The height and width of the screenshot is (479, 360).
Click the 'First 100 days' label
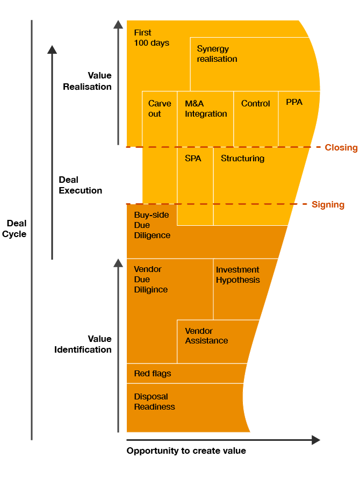(x=152, y=38)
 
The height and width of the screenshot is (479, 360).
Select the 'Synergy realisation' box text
(x=217, y=54)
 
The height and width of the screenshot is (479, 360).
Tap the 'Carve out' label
(x=160, y=109)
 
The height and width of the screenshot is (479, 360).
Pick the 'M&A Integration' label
(x=206, y=109)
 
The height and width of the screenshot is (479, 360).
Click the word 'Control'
(x=255, y=103)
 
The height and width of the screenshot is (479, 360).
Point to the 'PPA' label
(x=294, y=102)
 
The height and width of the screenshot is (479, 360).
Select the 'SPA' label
(x=193, y=159)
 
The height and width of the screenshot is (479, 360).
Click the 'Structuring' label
(x=242, y=159)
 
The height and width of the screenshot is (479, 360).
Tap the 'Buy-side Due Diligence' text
(x=152, y=225)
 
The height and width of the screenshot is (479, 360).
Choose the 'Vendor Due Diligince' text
(x=150, y=280)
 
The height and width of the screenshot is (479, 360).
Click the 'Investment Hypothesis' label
(x=237, y=275)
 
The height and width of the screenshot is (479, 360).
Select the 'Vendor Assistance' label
(x=206, y=336)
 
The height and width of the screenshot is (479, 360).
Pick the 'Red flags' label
(x=153, y=374)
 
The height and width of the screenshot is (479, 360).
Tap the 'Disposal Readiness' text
(x=154, y=402)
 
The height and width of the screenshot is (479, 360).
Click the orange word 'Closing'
(x=341, y=148)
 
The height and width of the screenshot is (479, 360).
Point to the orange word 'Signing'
(x=328, y=205)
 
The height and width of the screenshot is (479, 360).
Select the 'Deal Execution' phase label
(x=80, y=185)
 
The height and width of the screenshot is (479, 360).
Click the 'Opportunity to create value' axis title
(x=186, y=451)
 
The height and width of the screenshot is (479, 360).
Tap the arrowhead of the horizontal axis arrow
(x=316, y=440)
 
